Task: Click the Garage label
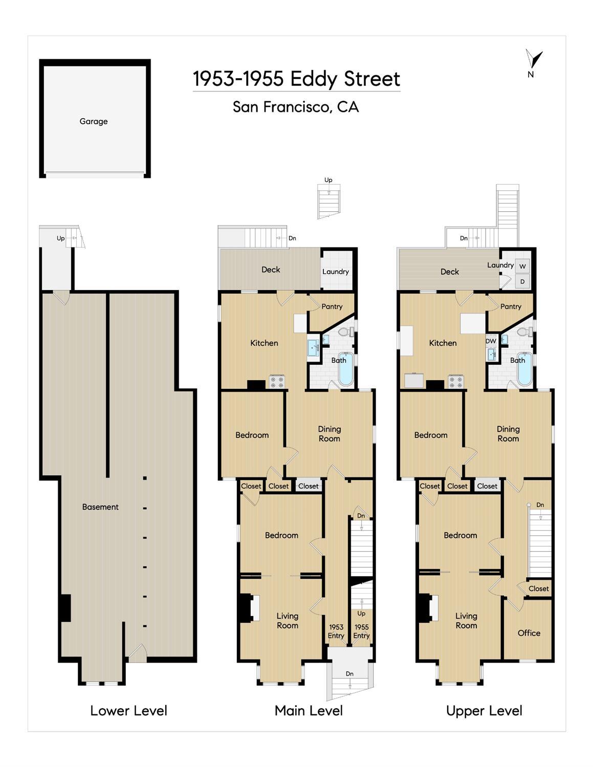click(94, 121)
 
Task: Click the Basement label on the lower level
click(100, 507)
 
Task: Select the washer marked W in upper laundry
click(522, 267)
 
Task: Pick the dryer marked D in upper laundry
click(522, 281)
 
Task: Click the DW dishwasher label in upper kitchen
click(491, 341)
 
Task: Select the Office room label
click(529, 633)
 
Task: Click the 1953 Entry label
click(336, 631)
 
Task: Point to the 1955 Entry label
click(361, 631)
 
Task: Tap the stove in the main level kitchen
click(277, 382)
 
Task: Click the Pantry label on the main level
click(332, 306)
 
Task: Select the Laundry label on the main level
click(335, 272)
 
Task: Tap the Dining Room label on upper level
click(508, 433)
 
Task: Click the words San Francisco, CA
click(296, 107)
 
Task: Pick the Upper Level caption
click(484, 711)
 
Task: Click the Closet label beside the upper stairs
click(538, 589)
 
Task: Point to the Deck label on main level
click(271, 270)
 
